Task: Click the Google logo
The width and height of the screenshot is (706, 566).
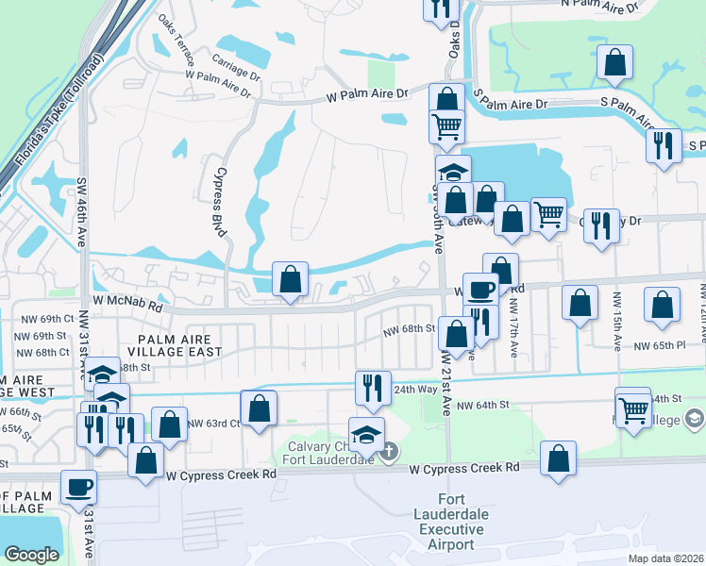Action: tap(31, 555)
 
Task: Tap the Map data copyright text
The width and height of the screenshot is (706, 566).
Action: tap(664, 558)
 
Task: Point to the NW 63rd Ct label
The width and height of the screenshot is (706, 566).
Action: tap(210, 424)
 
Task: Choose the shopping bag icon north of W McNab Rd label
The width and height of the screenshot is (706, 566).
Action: tap(291, 279)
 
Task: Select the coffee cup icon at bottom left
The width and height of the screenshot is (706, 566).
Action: tap(78, 487)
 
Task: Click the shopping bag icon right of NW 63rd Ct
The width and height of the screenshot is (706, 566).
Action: tap(259, 408)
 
